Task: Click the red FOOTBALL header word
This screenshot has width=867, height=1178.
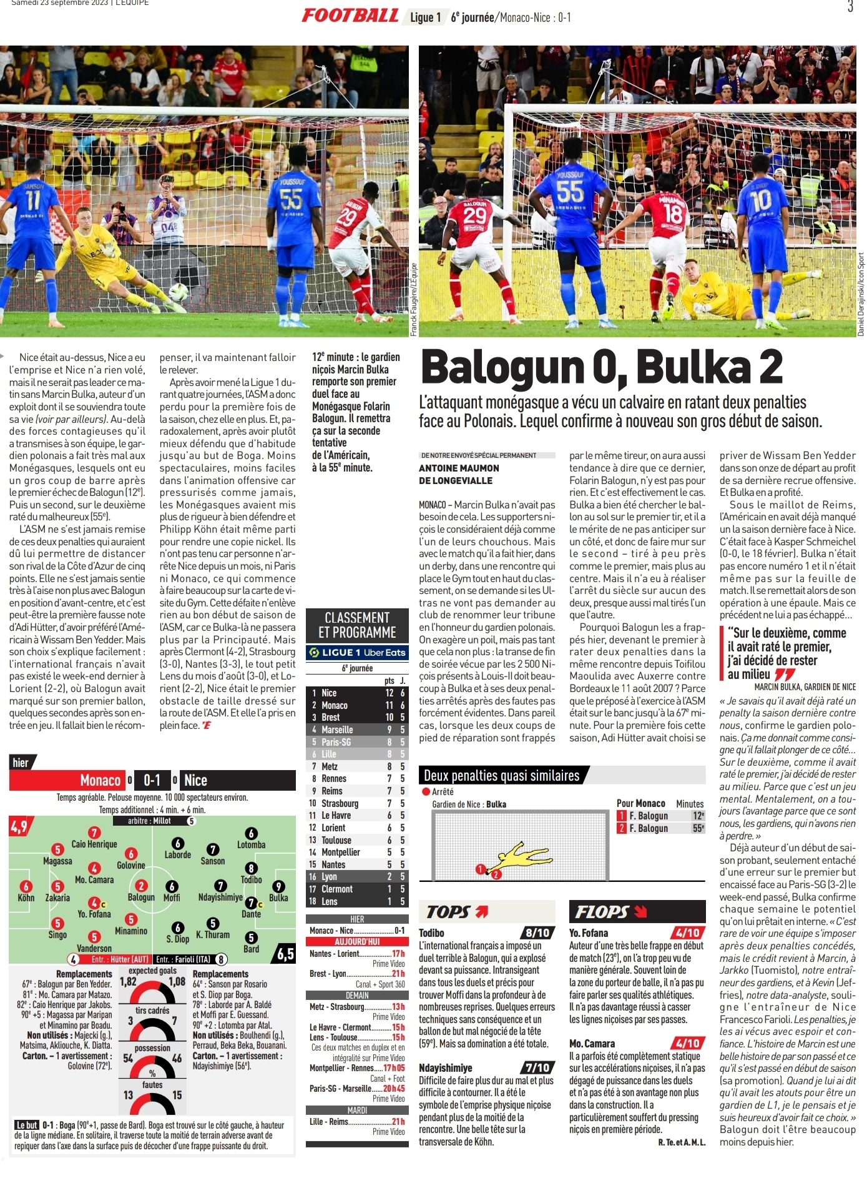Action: [x=350, y=16]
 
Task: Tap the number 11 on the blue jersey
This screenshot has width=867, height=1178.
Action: [x=33, y=200]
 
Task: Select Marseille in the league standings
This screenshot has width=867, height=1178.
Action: [x=337, y=730]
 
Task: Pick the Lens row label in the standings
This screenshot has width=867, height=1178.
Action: [x=329, y=901]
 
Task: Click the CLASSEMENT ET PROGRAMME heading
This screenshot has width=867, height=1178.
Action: [x=357, y=625]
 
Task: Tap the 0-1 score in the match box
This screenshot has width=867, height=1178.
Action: [x=152, y=780]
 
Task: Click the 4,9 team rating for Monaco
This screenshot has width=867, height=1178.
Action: [x=19, y=827]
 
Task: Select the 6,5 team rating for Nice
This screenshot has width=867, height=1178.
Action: [x=285, y=954]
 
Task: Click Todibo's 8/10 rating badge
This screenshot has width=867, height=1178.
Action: [x=537, y=933]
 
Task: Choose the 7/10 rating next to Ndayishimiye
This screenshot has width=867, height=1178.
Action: [x=537, y=1067]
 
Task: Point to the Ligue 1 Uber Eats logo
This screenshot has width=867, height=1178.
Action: [x=357, y=653]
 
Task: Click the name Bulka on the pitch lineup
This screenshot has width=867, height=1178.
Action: [x=278, y=898]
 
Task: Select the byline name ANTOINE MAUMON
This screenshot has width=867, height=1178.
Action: [x=459, y=468]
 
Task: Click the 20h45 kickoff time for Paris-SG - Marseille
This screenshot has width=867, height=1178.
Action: [x=394, y=1088]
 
